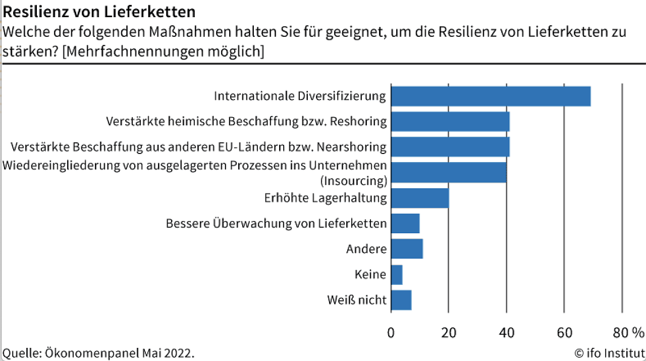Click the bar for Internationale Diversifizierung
pos(491,96)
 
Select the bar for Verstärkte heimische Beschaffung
pos(450,121)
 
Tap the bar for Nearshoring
pos(450,146)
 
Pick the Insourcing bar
pos(449,172)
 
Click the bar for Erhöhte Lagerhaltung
pos(420,198)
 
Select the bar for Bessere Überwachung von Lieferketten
pos(405,223)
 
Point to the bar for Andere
pos(407,248)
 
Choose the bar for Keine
pos(397,275)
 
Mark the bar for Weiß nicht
pos(401,300)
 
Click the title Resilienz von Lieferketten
pos(99,11)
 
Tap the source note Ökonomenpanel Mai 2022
pos(98,352)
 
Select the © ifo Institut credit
pos(609,352)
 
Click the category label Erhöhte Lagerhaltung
pos(326,198)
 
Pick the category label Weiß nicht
pos(357,300)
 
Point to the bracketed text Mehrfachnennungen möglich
pos(163,51)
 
